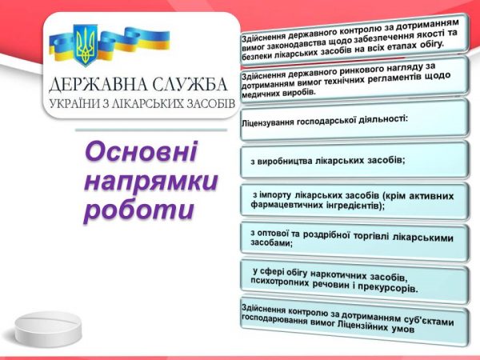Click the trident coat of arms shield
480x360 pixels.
pos(86,45)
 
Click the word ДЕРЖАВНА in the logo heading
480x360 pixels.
pos(98,85)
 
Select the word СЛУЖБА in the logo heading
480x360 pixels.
pos(190,84)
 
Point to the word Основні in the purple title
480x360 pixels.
pos(142,151)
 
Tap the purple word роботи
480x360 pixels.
pos(139,210)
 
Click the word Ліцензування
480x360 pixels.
pos(267,122)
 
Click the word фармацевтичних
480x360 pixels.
pos(285,204)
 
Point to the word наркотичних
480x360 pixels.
pos(338,275)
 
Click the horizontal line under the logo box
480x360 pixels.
pos(151,130)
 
